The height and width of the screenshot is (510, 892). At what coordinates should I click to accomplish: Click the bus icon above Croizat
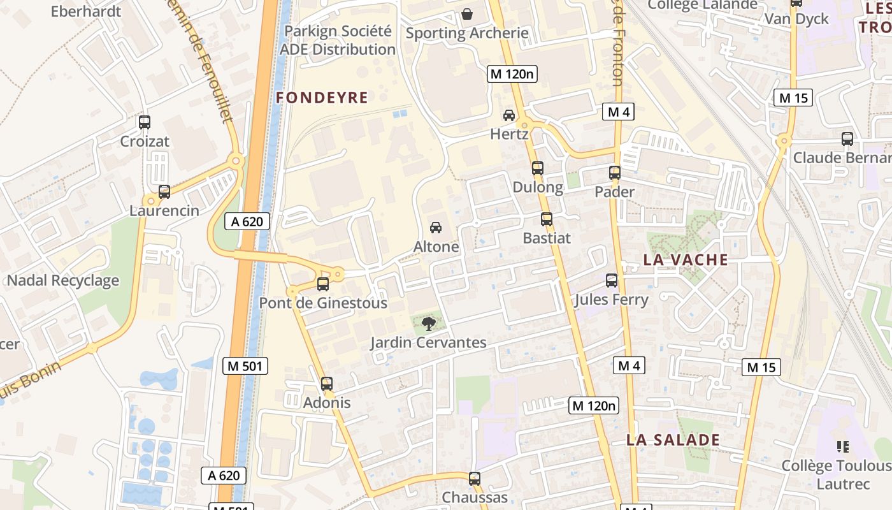tap(145, 122)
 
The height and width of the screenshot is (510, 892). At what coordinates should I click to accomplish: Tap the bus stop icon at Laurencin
tap(164, 191)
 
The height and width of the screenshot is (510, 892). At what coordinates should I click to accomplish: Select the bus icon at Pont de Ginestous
tap(323, 284)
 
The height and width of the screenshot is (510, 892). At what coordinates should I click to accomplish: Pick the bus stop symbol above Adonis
tap(327, 383)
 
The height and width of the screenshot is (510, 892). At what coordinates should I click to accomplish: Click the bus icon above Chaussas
tap(475, 478)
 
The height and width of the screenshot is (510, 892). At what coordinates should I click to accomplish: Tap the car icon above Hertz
tap(509, 115)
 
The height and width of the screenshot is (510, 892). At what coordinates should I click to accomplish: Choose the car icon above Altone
tap(436, 227)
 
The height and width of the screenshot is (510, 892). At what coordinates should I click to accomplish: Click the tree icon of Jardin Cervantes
tap(429, 323)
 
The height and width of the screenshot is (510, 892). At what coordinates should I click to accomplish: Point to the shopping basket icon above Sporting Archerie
tap(467, 13)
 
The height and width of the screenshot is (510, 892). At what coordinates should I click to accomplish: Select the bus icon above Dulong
tap(538, 168)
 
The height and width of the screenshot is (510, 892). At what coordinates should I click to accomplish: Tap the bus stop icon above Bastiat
tap(547, 219)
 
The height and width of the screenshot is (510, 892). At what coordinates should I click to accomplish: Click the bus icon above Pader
tap(615, 172)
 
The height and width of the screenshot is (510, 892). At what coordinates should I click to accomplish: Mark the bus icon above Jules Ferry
tap(612, 280)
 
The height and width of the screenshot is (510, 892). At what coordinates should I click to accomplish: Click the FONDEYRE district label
tap(322, 98)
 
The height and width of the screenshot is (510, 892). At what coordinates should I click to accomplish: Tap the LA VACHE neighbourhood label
tap(686, 259)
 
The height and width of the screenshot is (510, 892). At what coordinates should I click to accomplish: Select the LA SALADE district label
tap(673, 440)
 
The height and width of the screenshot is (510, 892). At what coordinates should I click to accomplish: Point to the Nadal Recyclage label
tap(63, 280)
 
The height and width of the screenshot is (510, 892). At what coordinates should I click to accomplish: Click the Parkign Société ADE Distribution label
tap(338, 40)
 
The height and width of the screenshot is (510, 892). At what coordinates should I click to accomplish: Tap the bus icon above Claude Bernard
tap(847, 138)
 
